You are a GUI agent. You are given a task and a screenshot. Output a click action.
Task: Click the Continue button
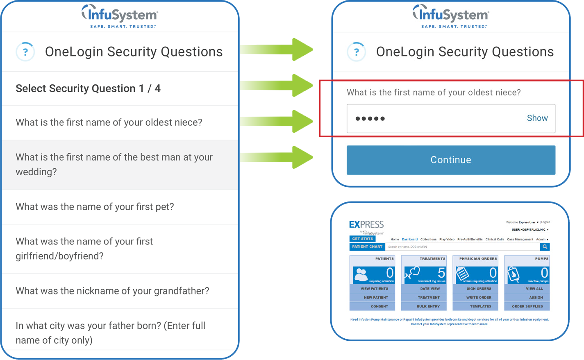pos(451,160)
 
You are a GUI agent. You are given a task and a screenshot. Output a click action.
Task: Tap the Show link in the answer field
pos(537,118)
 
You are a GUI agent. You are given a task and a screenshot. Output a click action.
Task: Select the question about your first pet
pos(95,207)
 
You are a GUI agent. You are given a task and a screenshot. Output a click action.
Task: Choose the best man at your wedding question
pos(114,165)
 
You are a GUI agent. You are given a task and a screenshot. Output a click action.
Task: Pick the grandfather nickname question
pos(112,291)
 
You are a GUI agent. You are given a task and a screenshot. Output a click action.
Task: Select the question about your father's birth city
pos(110,333)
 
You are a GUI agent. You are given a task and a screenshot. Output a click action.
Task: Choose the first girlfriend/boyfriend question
pos(84,249)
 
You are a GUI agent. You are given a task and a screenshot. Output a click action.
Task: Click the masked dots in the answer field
pos(370,119)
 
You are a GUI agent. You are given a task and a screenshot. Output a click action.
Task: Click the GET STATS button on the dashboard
pos(362,238)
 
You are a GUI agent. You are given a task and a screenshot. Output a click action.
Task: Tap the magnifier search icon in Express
pos(545,247)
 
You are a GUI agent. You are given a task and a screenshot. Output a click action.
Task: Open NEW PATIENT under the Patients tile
pos(375,297)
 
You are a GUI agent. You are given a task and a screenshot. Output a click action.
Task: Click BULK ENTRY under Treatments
pos(428,306)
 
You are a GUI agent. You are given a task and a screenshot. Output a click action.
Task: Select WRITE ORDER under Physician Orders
pos(479,297)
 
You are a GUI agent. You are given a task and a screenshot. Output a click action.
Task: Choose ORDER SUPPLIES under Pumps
pos(527,306)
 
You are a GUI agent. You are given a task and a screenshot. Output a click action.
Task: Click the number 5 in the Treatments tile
pos(441,273)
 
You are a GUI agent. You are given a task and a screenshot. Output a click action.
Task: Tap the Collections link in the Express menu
pos(428,239)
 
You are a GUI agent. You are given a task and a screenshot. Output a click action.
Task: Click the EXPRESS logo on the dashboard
pos(366,225)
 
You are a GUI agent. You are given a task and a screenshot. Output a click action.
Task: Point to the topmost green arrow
pos(279,50)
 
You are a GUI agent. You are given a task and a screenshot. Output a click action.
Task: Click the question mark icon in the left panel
pos(25,52)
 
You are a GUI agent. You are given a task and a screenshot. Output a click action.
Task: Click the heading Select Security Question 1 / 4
pos(88,88)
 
